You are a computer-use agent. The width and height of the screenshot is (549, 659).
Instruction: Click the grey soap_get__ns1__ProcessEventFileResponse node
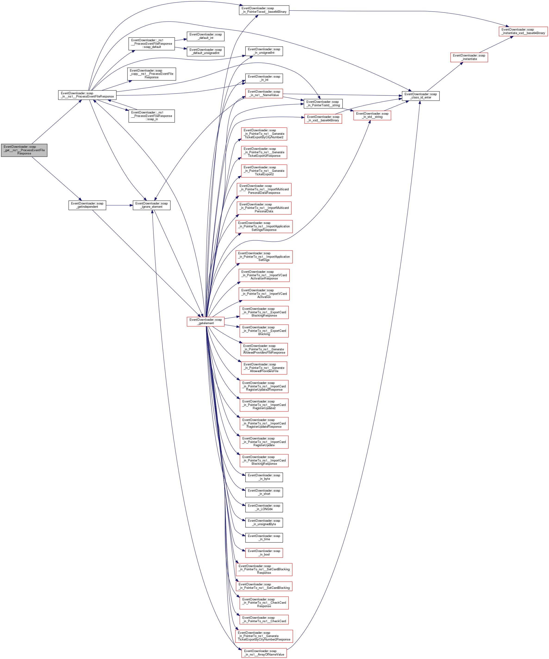24,150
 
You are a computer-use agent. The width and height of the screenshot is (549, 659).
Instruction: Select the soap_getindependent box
87,205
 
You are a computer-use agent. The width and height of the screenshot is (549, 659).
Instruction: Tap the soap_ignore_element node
152,205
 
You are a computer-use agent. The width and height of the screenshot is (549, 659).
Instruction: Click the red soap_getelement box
206,322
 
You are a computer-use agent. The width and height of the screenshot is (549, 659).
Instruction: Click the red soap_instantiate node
469,57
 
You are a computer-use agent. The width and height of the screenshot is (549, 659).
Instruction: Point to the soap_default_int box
206,36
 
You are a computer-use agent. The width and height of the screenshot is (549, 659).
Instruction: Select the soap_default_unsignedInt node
206,51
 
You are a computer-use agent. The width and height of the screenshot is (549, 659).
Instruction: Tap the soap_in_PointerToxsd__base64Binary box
264,10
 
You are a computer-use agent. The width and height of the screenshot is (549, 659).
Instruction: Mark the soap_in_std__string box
372,116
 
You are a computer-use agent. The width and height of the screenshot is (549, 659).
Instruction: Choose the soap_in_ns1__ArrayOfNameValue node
264,653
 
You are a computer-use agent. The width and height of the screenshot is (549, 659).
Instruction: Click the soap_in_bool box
264,553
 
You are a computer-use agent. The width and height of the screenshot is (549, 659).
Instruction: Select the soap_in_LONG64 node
264,507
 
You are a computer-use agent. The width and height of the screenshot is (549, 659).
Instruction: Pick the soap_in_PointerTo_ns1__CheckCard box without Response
264,619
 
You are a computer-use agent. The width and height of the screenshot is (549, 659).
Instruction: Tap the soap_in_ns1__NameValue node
264,94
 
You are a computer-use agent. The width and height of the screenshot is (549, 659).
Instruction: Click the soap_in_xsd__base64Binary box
323,119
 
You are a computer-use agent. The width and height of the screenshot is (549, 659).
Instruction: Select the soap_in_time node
264,538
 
